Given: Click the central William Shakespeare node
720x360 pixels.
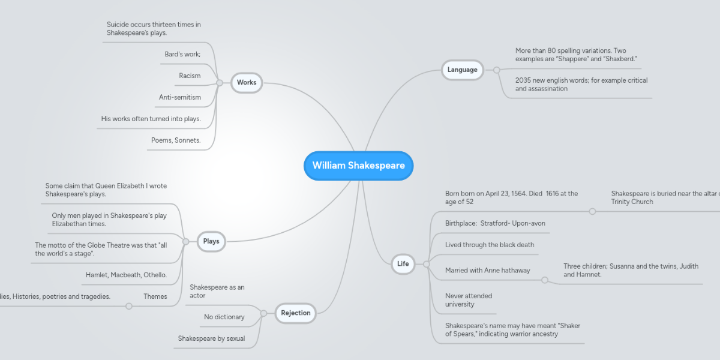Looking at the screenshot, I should click(358, 166).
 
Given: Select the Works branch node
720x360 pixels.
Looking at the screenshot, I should click(247, 83).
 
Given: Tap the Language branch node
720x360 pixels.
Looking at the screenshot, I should click(462, 70).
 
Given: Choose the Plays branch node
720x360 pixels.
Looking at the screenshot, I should click(211, 241).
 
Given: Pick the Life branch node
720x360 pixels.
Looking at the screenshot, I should click(403, 263).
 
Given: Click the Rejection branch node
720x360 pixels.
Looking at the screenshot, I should click(296, 313).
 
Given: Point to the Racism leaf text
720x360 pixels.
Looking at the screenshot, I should click(190, 76).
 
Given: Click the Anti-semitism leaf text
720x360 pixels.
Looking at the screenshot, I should click(180, 97).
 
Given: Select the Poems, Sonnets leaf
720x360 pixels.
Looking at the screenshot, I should click(176, 140).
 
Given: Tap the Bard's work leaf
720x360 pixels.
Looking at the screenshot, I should click(182, 54).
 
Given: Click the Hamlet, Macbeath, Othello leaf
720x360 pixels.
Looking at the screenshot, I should click(126, 275).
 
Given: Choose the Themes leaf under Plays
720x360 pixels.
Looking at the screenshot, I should click(155, 296).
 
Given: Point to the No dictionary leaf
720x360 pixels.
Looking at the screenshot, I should click(224, 317).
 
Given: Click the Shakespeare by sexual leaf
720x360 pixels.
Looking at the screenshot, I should click(211, 338).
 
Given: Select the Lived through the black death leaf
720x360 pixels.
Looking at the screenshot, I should click(490, 245).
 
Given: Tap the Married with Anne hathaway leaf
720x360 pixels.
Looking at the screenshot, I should click(488, 271).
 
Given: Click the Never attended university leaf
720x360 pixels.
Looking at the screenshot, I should click(469, 300).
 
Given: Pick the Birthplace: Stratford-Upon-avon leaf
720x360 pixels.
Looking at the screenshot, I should click(495, 223).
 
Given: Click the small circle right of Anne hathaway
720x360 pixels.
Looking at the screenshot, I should click(545, 280).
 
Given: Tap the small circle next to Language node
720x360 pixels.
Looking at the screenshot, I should click(497, 70).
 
